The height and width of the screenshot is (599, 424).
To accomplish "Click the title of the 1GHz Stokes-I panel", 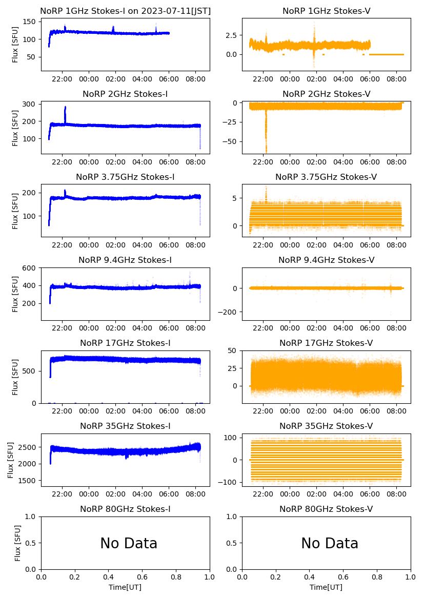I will tap(125, 11).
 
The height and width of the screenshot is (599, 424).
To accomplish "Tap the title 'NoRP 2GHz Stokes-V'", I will tap(326, 94).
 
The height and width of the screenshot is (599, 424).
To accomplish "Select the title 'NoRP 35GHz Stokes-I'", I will tap(125, 426).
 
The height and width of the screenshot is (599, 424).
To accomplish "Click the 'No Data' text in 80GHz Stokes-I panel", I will tap(129, 543).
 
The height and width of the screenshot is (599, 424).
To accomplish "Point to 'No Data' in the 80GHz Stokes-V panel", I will tap(330, 543).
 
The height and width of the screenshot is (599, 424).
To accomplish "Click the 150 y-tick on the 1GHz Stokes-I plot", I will tap(32, 22).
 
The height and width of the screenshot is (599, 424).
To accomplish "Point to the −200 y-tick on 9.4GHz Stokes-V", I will tap(231, 312).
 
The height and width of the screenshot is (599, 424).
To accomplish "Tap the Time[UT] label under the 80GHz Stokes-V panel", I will tap(326, 587).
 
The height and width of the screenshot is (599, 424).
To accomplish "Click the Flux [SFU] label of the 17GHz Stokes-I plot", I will tap(16, 377).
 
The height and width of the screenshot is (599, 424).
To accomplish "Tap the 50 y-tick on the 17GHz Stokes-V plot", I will tap(236, 351).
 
